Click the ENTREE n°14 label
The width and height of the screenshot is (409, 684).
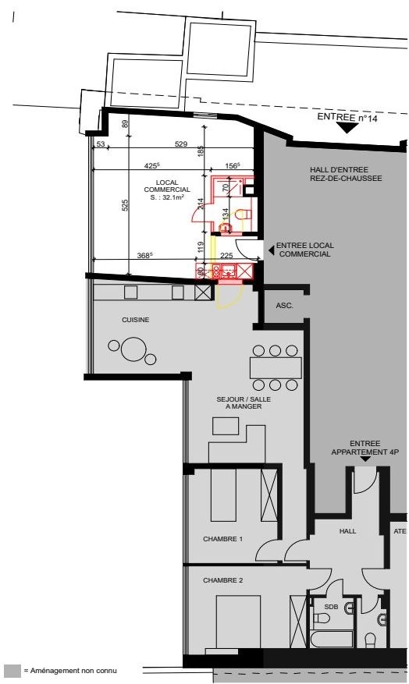tap(347, 117)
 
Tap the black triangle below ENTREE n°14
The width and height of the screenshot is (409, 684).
tap(348, 128)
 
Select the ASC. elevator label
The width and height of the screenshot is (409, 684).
tap(285, 306)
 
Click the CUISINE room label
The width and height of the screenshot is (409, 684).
tap(135, 320)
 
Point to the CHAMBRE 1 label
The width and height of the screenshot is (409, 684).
tap(222, 539)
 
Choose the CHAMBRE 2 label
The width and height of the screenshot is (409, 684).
tap(222, 580)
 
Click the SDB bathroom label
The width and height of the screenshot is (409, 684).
tap(331, 607)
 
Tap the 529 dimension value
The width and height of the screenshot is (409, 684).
tap(181, 144)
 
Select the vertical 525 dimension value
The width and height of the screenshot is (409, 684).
tap(125, 206)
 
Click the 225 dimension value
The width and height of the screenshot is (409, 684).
tap(226, 256)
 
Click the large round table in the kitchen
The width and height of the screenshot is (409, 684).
tap(133, 349)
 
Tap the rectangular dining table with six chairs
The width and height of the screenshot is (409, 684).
tap(276, 367)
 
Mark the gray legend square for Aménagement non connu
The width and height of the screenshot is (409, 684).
tap(12, 672)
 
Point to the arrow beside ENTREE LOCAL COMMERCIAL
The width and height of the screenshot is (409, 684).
tap(271, 250)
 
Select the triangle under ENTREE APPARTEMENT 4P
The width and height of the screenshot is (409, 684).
tap(365, 459)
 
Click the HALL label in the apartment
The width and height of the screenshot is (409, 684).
tap(347, 531)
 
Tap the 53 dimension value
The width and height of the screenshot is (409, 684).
tap(101, 144)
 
